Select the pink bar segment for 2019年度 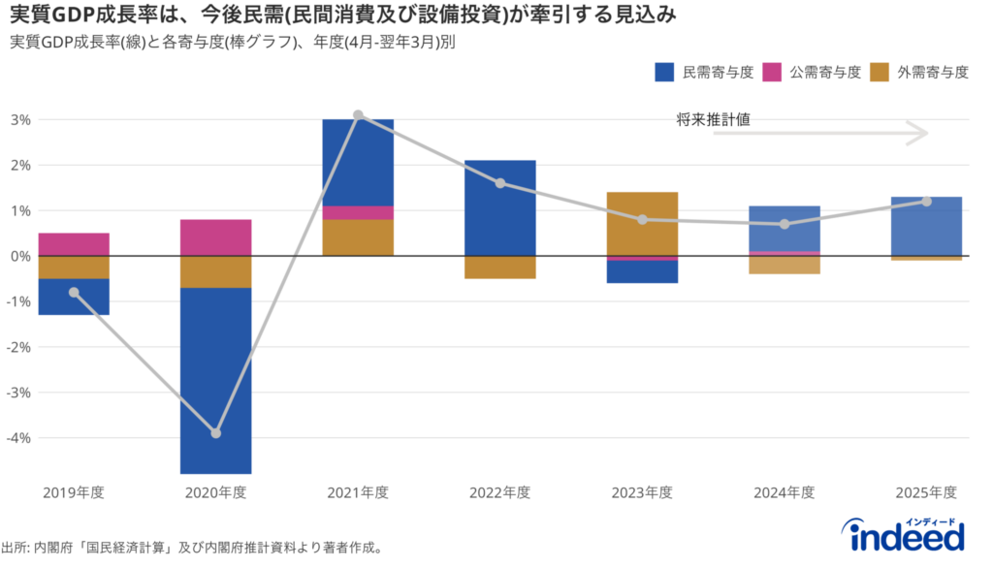pos(74,244)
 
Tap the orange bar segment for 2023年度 pos(642,224)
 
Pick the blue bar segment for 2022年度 pos(500,207)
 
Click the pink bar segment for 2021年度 pos(358,213)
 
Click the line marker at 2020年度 pos(215,433)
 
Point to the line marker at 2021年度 pos(358,115)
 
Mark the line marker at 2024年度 pos(785,224)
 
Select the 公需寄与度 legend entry pos(812,72)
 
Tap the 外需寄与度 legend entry pos(919,72)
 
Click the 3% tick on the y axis pos(19,120)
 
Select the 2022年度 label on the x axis pos(500,492)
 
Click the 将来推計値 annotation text pos(714,119)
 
